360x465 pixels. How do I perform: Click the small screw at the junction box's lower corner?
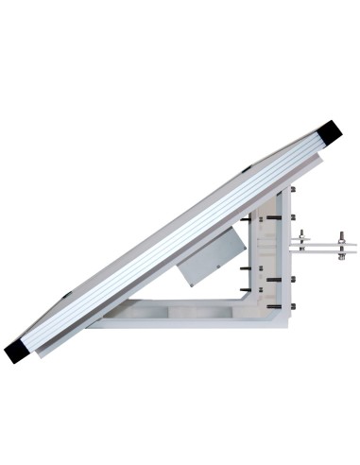pyautogui.click(x=186, y=281)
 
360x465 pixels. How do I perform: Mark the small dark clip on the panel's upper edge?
pyautogui.click(x=247, y=169)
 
